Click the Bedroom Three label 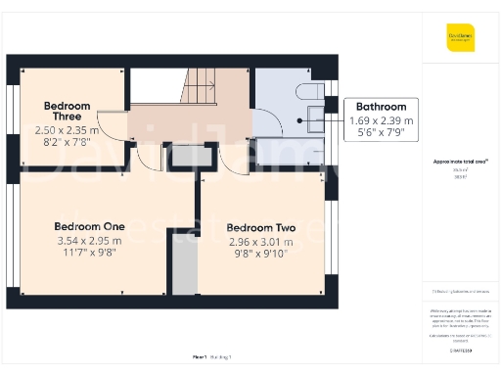pyautogui.click(x=67, y=111)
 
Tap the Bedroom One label pyautogui.click(x=89, y=226)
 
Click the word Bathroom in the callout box pyautogui.click(x=381, y=107)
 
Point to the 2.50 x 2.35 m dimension pyautogui.click(x=66, y=129)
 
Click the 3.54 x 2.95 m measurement pyautogui.click(x=89, y=240)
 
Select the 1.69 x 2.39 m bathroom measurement pyautogui.click(x=381, y=120)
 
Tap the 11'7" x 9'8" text pyautogui.click(x=89, y=253)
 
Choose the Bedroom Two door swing pyautogui.click(x=235, y=158)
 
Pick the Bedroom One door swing pyautogui.click(x=149, y=158)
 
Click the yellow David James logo pyautogui.click(x=461, y=37)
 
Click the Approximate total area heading pyautogui.click(x=461, y=162)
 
